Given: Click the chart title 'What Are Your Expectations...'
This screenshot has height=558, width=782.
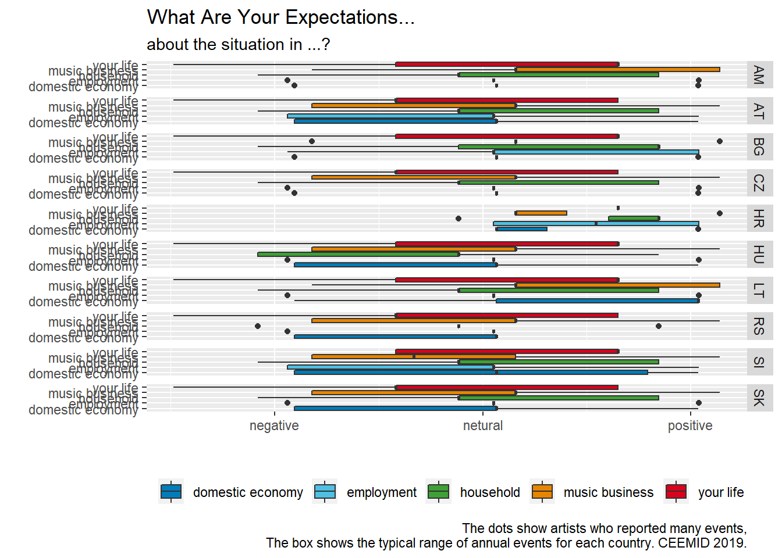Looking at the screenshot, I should (x=280, y=17).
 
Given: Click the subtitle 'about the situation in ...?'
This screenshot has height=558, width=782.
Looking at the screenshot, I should (x=238, y=45).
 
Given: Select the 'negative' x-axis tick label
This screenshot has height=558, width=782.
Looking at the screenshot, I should (x=274, y=425).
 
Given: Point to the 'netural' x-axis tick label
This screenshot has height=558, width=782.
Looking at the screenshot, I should (x=483, y=425).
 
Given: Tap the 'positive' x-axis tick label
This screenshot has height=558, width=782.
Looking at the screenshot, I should (x=690, y=425).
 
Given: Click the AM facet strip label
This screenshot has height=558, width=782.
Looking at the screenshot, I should (x=759, y=75).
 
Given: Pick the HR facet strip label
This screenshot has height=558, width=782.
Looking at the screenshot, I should (x=759, y=219).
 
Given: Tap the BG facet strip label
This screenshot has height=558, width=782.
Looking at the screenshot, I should (x=759, y=146).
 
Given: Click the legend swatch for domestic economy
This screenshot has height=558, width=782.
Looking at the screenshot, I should (x=171, y=492).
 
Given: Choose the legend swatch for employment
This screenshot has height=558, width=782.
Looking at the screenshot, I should (x=325, y=492).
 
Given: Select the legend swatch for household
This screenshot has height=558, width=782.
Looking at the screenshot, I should (x=438, y=492).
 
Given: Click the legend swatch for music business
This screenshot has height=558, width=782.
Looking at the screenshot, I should (x=542, y=492).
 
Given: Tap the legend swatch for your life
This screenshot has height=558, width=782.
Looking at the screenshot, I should (x=676, y=492).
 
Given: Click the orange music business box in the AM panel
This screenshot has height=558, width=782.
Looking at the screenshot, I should (x=617, y=70).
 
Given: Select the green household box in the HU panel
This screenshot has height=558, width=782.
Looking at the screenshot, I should (x=358, y=254).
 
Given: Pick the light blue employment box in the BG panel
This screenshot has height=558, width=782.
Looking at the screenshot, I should (x=596, y=152).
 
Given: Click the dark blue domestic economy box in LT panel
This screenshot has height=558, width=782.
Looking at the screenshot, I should (x=597, y=301).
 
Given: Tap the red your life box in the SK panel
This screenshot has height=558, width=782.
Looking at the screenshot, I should (x=506, y=387).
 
